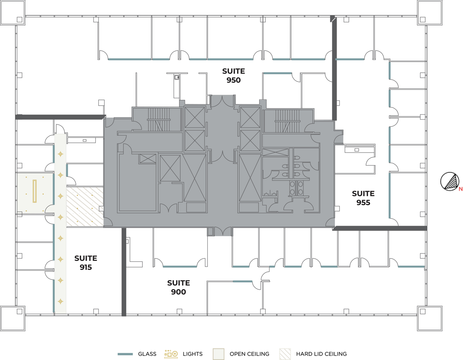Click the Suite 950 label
coord(234,76)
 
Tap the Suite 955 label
coord(363,198)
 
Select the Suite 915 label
coord(86,263)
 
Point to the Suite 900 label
coord(179,287)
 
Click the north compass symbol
coord(450,182)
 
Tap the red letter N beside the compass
coord(460,189)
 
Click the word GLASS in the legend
coord(147,354)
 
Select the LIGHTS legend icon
coord(171,354)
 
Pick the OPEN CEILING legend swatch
coord(218,354)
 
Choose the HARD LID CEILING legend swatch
coord(285,354)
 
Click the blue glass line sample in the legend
coord(125,354)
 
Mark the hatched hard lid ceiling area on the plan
coord(85,207)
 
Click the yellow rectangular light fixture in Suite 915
coord(34,191)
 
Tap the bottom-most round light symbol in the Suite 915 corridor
coord(60,301)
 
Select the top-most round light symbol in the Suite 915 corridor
coord(60,154)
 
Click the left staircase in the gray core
coord(159,120)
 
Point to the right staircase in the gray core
coord(287,121)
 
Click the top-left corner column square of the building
coord(13,13)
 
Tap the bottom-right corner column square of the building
coord(430,318)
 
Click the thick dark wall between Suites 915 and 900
coord(124,272)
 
